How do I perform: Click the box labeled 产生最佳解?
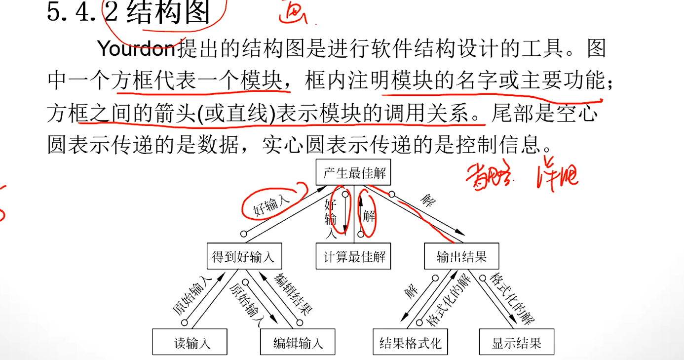pos(354,174)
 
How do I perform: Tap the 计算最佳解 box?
pos(354,256)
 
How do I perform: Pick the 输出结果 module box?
pos(462,256)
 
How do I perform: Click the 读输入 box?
pos(190,342)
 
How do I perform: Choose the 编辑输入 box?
pos(298,342)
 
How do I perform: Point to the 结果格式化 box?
pos(410,342)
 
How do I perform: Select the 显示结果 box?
pos(516,342)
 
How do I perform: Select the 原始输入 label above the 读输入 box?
pos(192,294)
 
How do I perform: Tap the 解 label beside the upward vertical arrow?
pos(369,216)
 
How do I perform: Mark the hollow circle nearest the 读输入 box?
pos(185,322)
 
